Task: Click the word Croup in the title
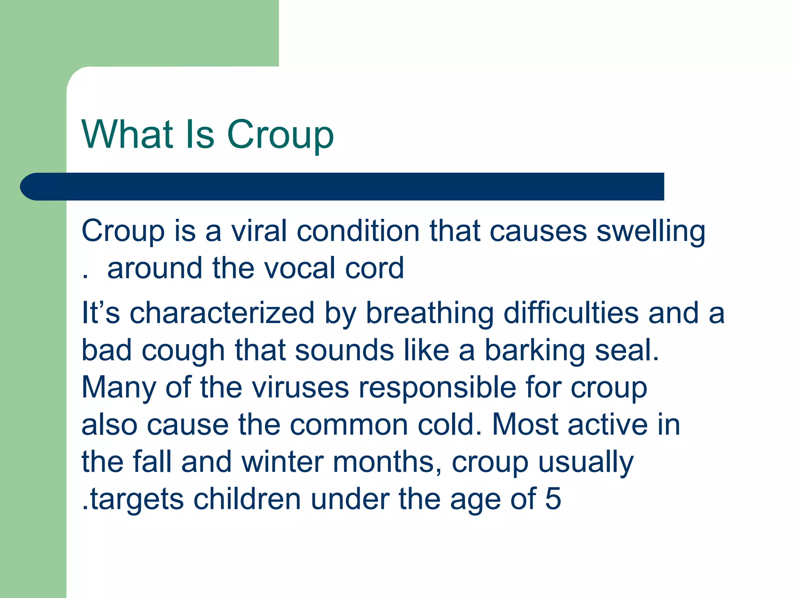(x=280, y=135)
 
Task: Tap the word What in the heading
(x=127, y=134)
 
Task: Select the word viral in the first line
(x=259, y=231)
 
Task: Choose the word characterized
(x=222, y=313)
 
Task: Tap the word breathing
(x=430, y=314)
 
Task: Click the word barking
(x=535, y=351)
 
